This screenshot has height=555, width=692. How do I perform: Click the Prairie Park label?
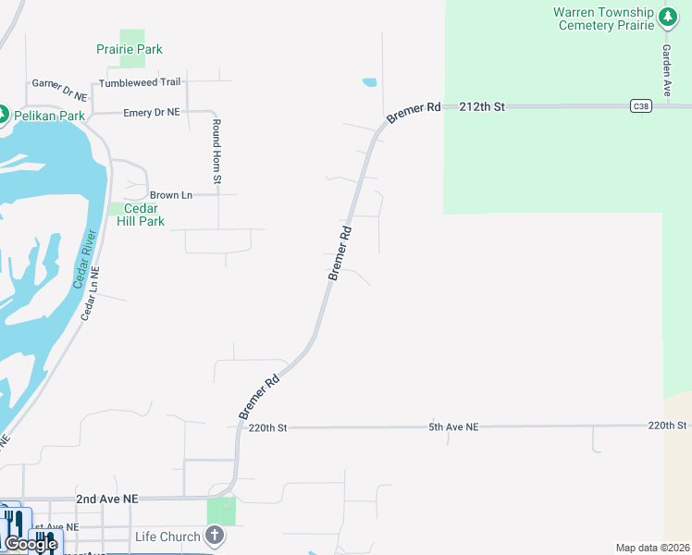130,49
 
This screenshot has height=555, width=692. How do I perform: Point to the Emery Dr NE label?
152,113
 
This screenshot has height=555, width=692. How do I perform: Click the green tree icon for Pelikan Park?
4,115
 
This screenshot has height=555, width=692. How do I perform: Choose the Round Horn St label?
216,151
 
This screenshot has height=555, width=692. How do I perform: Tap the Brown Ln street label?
171,195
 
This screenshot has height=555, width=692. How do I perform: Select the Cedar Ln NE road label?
90,293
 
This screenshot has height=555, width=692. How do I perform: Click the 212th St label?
481,107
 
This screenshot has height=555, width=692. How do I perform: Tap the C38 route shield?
640,106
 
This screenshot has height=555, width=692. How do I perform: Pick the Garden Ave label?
666,70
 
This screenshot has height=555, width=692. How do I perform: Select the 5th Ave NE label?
453,427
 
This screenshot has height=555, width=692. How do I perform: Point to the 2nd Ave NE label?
107,499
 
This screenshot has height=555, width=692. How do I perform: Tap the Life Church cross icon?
215,536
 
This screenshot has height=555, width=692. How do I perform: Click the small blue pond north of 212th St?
370,82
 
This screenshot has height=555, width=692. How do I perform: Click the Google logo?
30,544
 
